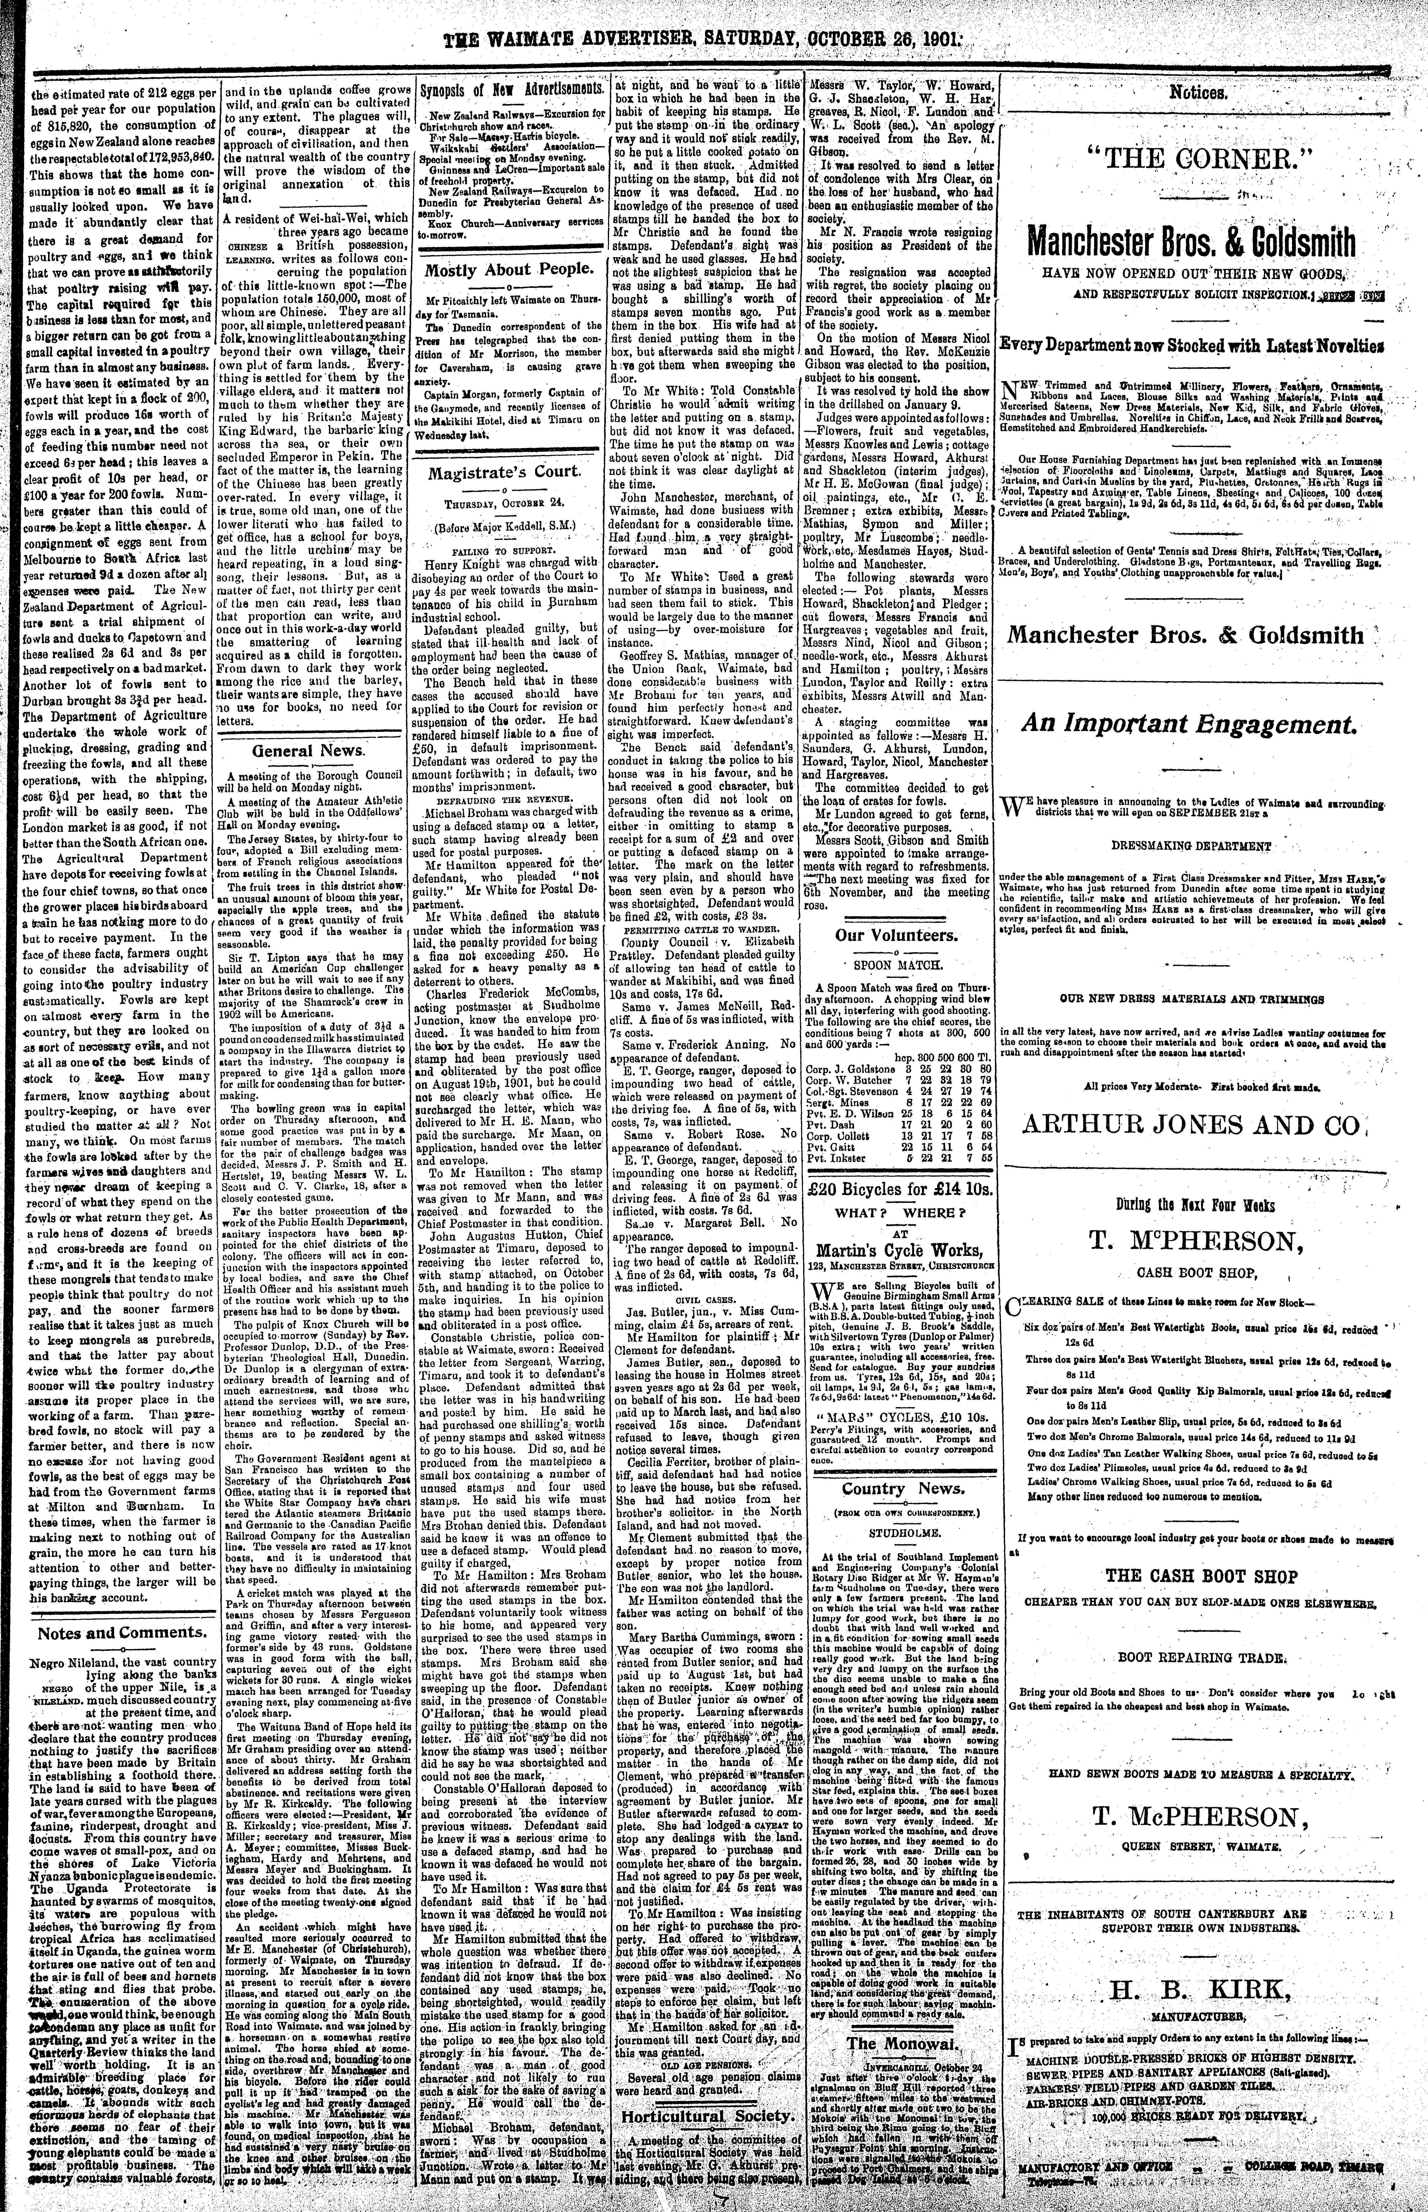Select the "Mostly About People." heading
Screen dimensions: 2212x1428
(508, 270)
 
